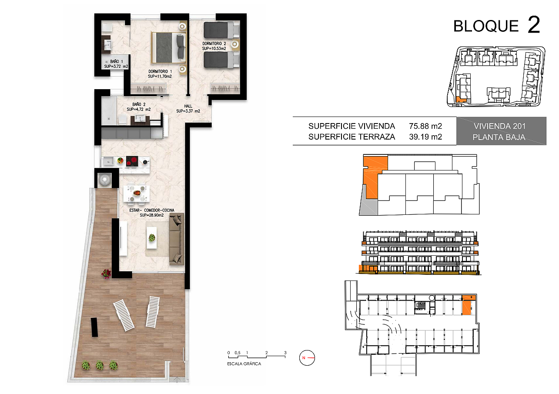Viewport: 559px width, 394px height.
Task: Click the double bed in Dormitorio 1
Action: [169, 47]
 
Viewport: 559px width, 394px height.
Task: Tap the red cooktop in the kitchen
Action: [132, 161]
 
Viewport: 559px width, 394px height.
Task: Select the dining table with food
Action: [137, 193]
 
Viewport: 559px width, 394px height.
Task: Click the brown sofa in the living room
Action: [177, 239]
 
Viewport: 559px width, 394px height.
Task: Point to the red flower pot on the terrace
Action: [106, 274]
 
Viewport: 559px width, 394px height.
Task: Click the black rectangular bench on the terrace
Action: [94, 327]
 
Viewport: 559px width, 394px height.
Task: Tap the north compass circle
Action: [307, 358]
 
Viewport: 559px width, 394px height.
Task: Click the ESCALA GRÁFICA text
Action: [244, 364]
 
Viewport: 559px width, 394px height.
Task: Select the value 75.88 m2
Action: [425, 126]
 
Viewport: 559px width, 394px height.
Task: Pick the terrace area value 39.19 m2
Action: [425, 137]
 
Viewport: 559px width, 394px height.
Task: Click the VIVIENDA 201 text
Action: [499, 126]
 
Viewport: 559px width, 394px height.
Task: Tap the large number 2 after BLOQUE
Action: [534, 24]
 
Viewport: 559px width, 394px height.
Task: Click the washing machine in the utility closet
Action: [104, 179]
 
